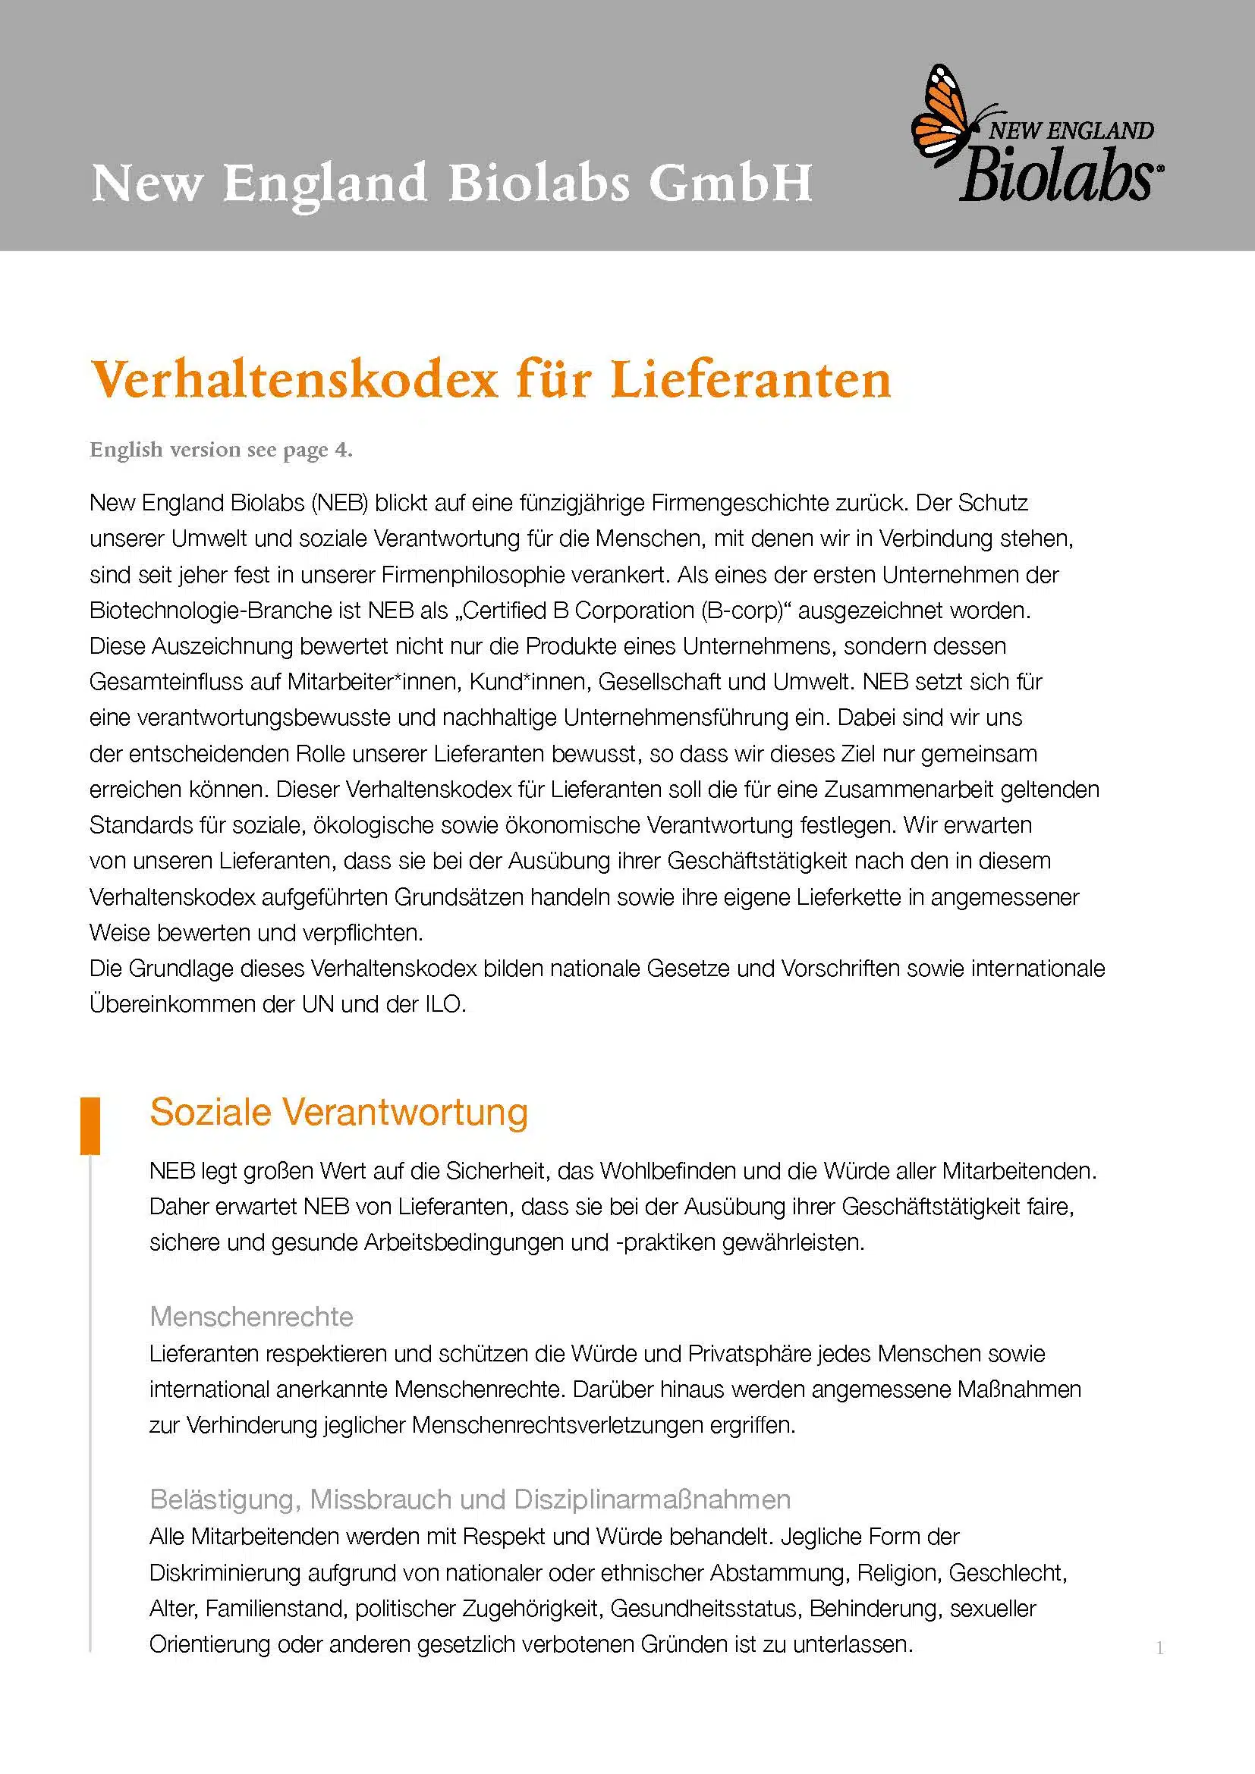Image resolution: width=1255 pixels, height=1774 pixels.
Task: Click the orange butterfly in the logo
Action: click(940, 116)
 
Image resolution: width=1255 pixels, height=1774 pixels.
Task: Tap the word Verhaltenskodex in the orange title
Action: click(294, 380)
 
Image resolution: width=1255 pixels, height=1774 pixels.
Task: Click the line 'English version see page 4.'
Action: click(221, 450)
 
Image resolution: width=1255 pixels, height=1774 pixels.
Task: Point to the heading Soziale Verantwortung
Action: click(338, 1113)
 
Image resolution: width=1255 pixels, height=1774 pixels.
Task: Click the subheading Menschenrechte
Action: click(251, 1316)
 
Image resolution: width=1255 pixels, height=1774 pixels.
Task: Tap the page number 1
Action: click(1159, 1648)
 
